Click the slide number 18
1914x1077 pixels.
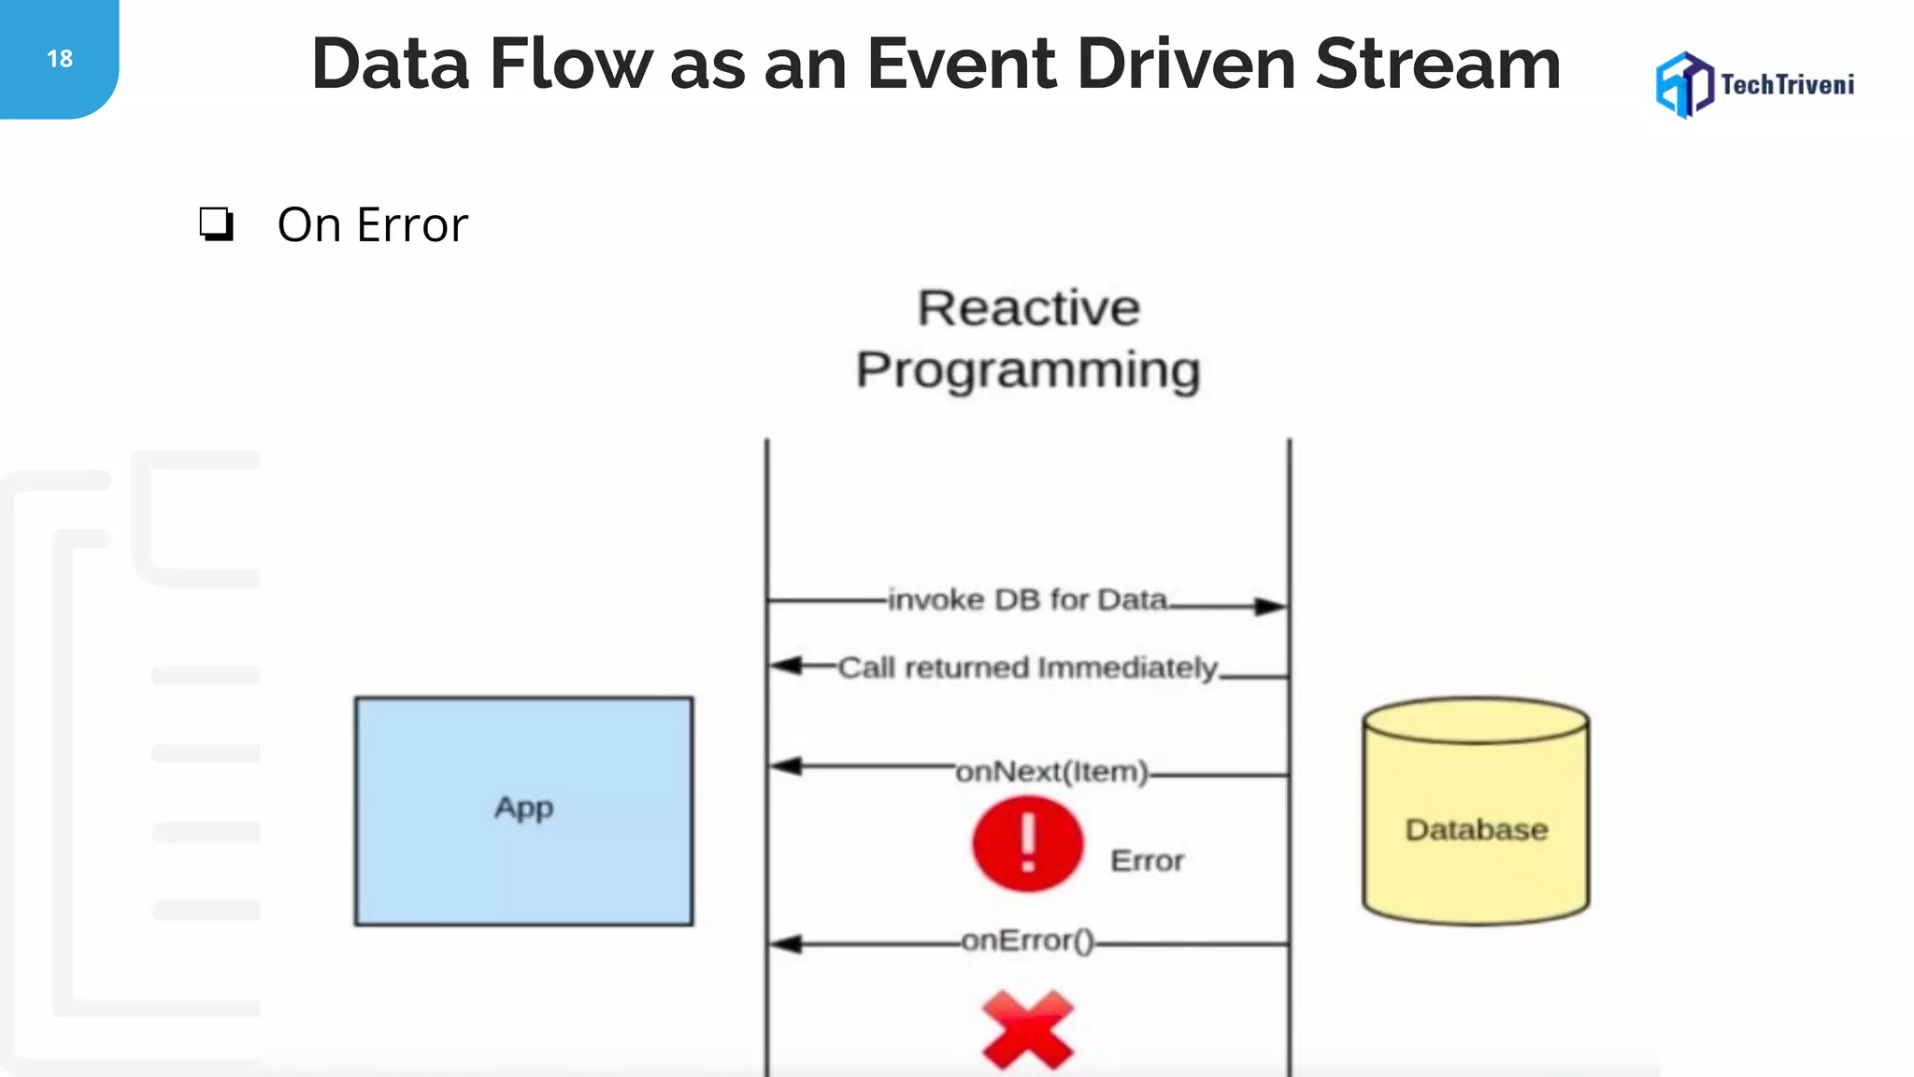[60, 59]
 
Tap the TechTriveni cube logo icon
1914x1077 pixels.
[1684, 85]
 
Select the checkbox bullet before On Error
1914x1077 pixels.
[216, 224]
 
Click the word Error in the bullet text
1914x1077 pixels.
[412, 225]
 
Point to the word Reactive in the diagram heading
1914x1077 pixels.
[1028, 309]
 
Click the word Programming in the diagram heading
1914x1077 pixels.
[1028, 370]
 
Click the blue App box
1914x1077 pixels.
[523, 811]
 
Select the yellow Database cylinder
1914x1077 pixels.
[1476, 811]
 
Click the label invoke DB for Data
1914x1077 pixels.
[1028, 599]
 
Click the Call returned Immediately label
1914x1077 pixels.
[1028, 668]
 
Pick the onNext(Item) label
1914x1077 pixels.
[1051, 771]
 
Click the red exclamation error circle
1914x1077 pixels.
[1027, 843]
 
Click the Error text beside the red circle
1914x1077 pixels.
[1147, 860]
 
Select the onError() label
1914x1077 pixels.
[1027, 940]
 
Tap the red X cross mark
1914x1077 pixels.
[1028, 1029]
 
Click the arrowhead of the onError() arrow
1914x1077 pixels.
[785, 944]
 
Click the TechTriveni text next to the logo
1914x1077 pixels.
[1787, 85]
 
